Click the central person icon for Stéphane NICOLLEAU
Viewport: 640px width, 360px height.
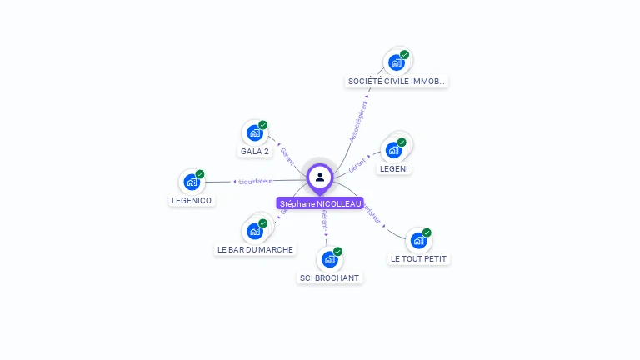coord(320,177)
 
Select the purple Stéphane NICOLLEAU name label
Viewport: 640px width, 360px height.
coord(320,203)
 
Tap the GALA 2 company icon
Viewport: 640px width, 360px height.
coord(255,132)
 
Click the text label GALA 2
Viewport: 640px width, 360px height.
coord(255,152)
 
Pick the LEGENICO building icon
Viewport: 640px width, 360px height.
coord(192,182)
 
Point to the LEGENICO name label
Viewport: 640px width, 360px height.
coord(192,201)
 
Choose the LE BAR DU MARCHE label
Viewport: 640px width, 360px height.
coord(255,249)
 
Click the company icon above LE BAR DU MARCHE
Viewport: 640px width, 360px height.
coord(255,231)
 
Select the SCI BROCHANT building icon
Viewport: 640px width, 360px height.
coord(330,259)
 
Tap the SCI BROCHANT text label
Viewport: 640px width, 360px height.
coord(329,277)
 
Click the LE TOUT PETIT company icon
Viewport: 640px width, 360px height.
coord(418,240)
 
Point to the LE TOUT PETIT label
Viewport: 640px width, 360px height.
coord(419,259)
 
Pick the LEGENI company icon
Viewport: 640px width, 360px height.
coord(394,150)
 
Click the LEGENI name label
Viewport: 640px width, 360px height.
coord(394,168)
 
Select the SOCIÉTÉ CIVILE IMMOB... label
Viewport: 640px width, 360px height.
coord(397,82)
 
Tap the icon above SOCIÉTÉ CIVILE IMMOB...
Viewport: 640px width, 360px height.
coord(397,62)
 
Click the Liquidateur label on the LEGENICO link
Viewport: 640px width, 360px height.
coord(255,181)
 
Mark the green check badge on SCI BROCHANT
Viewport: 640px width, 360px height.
coord(337,252)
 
